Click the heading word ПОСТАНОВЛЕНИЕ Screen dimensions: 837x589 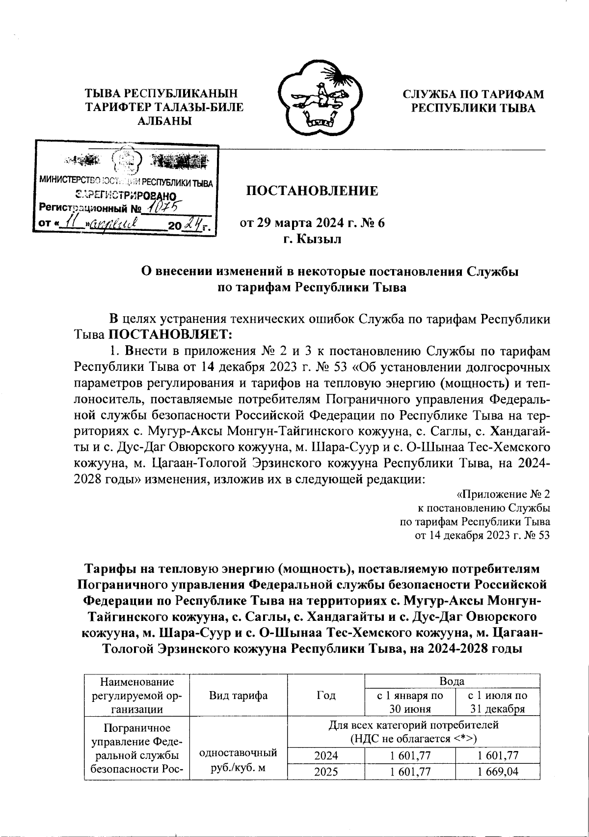click(x=312, y=191)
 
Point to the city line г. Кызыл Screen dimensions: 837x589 click(x=312, y=239)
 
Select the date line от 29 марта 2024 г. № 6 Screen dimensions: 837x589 click(x=312, y=223)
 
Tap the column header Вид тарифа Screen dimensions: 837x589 click(x=238, y=695)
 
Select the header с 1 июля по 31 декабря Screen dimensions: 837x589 click(x=498, y=702)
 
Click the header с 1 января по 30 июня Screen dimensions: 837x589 click(x=410, y=702)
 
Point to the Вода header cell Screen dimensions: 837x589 click(x=452, y=681)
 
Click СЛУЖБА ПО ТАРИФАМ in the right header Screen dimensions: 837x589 click(x=473, y=94)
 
